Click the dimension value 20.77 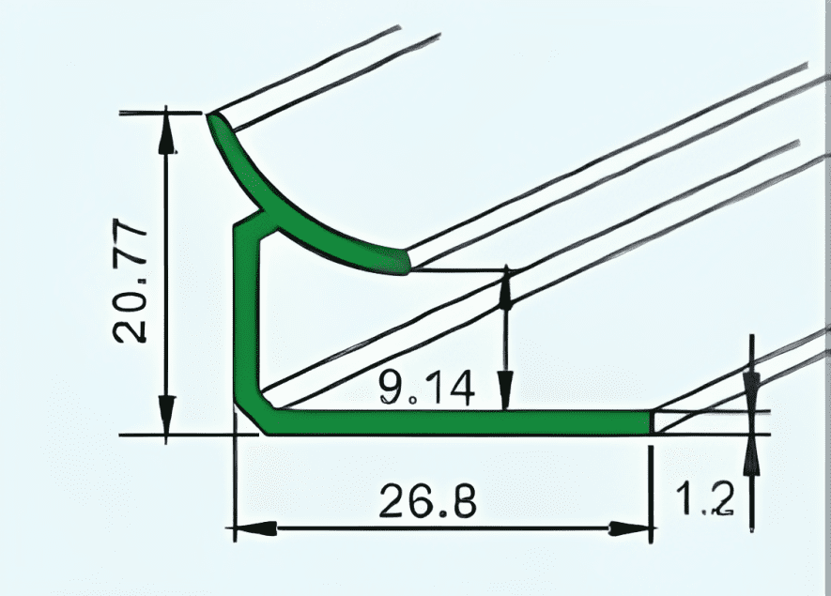tap(129, 282)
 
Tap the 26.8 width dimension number tap(427, 502)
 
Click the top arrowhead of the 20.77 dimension tap(167, 131)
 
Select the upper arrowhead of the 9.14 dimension tap(506, 287)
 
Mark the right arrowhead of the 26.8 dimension tap(634, 529)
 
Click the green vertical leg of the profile tap(246, 319)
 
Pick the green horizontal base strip tap(460, 421)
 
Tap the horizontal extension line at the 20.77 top tap(160, 113)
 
